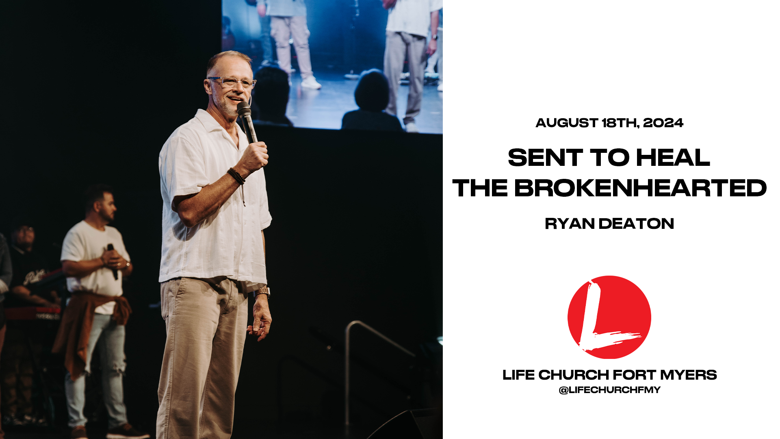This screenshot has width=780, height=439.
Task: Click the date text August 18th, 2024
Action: (x=609, y=123)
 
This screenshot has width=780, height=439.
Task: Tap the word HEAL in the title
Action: (x=673, y=157)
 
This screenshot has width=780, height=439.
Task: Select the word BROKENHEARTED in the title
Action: (x=640, y=188)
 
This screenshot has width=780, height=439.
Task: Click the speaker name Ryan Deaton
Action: (x=609, y=224)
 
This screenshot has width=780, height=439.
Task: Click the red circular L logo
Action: (x=609, y=317)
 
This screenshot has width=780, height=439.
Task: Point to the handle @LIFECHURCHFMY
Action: (x=609, y=390)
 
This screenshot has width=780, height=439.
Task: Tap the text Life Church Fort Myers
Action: (x=609, y=375)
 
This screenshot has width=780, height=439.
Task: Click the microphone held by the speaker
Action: (x=247, y=121)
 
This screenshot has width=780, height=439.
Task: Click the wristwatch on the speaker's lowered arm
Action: (x=262, y=292)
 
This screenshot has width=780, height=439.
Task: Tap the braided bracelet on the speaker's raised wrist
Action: (x=236, y=176)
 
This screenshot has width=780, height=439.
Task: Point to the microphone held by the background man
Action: (x=113, y=261)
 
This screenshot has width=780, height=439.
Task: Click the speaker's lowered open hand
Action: (x=260, y=321)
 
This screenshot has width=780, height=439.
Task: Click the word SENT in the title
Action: (x=546, y=157)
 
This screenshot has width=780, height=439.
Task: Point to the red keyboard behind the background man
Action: (x=32, y=313)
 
